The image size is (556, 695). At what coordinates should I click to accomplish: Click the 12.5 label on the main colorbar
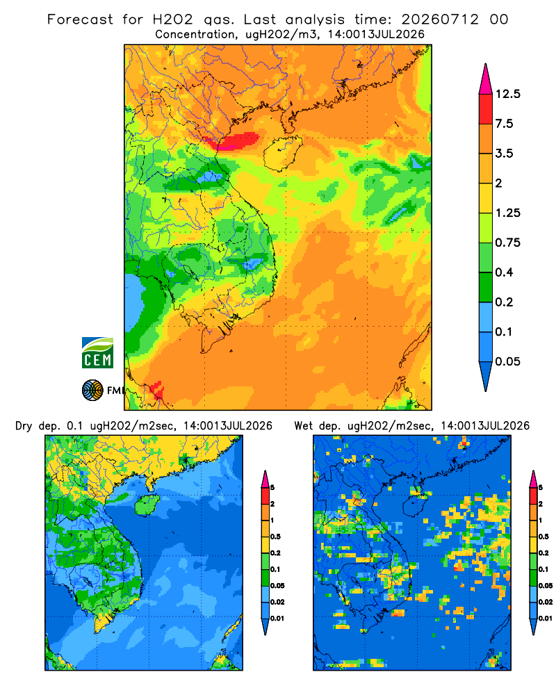tap(507, 94)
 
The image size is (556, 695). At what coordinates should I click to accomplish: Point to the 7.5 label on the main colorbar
tap(504, 124)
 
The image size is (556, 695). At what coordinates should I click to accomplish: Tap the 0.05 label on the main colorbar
tap(507, 361)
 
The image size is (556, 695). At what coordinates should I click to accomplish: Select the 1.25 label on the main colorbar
tap(507, 213)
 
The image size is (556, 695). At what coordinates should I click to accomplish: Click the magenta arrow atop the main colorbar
tap(486, 79)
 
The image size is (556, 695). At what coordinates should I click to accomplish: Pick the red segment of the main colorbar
tap(486, 109)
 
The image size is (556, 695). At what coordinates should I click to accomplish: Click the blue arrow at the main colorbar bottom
tap(486, 376)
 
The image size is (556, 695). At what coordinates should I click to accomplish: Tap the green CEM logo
tap(97, 353)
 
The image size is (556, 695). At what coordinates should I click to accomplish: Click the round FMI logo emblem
tap(92, 391)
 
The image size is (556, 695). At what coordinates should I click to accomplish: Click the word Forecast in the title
tap(80, 19)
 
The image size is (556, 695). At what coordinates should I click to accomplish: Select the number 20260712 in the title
tap(440, 19)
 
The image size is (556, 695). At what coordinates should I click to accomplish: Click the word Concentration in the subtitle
tap(195, 35)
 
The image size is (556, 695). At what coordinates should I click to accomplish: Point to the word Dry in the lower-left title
tap(24, 426)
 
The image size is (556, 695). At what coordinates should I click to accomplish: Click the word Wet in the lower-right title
tap(304, 426)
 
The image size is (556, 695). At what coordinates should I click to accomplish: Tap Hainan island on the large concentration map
tap(282, 154)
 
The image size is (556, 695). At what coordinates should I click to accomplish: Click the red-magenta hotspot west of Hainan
tap(234, 142)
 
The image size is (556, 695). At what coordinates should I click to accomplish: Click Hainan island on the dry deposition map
tap(147, 505)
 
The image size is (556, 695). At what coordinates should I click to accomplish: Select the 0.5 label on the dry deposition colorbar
tap(275, 537)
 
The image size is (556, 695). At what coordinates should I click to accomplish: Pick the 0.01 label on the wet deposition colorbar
tap(545, 619)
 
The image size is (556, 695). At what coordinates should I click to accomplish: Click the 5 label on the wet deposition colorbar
tap(541, 488)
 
